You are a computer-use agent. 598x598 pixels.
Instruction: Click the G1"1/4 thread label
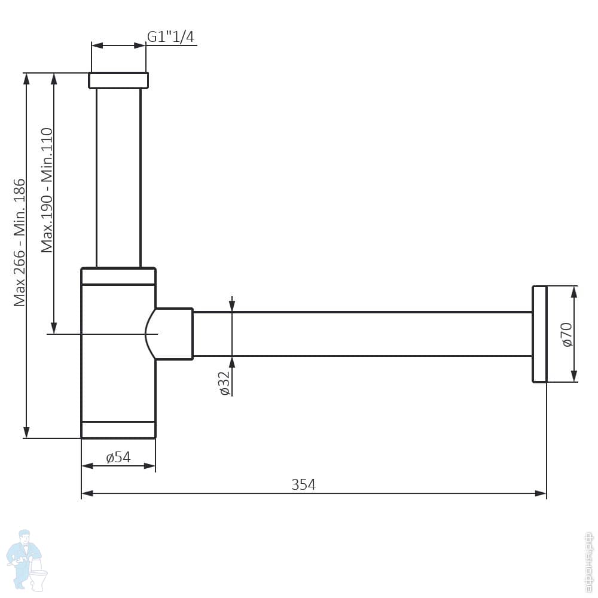click(x=170, y=36)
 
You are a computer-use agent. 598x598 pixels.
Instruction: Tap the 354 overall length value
click(x=304, y=484)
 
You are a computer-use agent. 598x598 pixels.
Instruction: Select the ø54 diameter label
click(x=118, y=457)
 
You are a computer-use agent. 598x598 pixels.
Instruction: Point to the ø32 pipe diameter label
click(x=225, y=383)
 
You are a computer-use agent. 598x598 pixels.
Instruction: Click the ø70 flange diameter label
click(x=567, y=335)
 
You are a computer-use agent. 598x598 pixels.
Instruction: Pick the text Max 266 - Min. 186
click(x=20, y=243)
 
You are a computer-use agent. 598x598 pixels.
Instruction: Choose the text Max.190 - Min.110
click(x=47, y=190)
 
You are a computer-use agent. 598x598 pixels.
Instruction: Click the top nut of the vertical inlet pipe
click(x=118, y=81)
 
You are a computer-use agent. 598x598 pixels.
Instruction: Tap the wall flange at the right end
click(x=539, y=334)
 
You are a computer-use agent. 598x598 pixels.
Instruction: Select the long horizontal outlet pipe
click(x=362, y=334)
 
